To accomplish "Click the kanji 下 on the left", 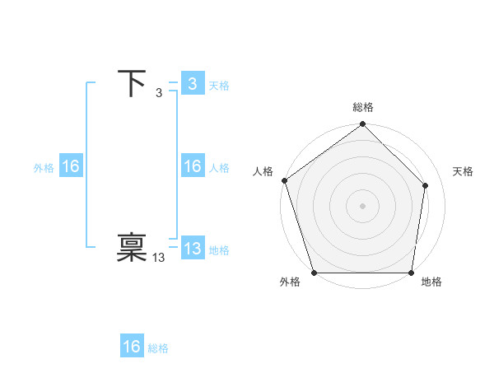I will click(132, 84).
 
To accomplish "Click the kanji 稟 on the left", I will click(132, 249).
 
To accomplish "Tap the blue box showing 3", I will click(192, 84).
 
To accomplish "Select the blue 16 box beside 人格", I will click(192, 166).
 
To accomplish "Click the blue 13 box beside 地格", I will click(192, 249).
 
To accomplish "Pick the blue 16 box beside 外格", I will click(70, 166).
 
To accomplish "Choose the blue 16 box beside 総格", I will click(132, 347).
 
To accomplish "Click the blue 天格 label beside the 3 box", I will click(219, 86).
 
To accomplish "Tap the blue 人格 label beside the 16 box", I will click(219, 168).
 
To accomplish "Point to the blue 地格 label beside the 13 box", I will click(219, 250).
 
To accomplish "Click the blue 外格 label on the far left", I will click(44, 168).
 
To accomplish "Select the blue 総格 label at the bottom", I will click(158, 348).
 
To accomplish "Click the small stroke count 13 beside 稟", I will click(159, 258).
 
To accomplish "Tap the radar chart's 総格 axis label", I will click(363, 107).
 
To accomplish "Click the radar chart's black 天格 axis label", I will click(463, 171).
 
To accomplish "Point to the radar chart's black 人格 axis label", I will click(263, 171).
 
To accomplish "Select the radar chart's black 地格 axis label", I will click(431, 282).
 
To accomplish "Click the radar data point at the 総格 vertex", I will click(363, 125).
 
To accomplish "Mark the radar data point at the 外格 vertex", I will click(315, 273).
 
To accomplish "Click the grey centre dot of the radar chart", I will click(363, 205).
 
